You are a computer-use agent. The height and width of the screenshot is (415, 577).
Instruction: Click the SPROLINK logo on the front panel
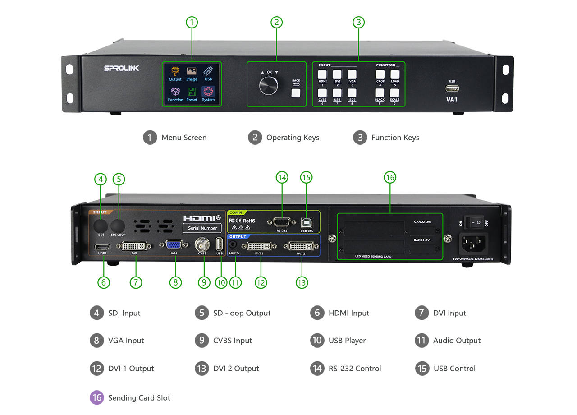coord(122,69)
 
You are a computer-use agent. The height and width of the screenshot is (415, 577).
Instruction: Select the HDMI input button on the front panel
coord(323,75)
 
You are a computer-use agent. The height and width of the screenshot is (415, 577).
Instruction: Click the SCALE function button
coord(394,93)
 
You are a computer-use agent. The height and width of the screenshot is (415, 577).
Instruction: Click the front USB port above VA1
coord(452,88)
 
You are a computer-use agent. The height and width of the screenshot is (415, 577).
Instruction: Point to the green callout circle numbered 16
coord(390,178)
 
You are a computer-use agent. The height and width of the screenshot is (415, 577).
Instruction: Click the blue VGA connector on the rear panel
coord(174,245)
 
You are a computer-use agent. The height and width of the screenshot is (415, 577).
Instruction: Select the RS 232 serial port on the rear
coord(282,222)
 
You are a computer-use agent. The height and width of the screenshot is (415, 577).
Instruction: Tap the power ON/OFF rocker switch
coord(474,222)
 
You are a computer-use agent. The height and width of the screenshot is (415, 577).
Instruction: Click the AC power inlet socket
coord(473,245)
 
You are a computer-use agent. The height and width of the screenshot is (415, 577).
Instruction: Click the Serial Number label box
coord(202,228)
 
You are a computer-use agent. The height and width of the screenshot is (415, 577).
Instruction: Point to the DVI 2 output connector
coord(301,246)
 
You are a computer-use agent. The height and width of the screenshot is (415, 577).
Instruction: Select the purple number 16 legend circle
coord(97,397)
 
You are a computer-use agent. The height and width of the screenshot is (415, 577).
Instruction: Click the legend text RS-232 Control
coord(355,369)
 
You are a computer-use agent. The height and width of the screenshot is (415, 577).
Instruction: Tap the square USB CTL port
coord(307,222)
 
